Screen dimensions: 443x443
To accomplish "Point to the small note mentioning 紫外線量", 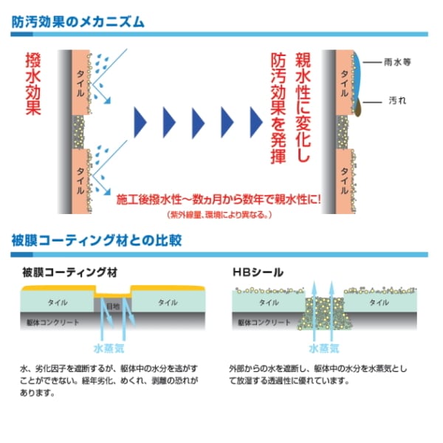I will [219, 215].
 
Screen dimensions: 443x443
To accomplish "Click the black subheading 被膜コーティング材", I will [70, 272].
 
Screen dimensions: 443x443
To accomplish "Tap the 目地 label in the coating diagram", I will [113, 305].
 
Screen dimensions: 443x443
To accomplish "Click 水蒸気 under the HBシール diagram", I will [323, 346].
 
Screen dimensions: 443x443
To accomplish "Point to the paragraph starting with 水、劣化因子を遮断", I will [110, 380].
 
